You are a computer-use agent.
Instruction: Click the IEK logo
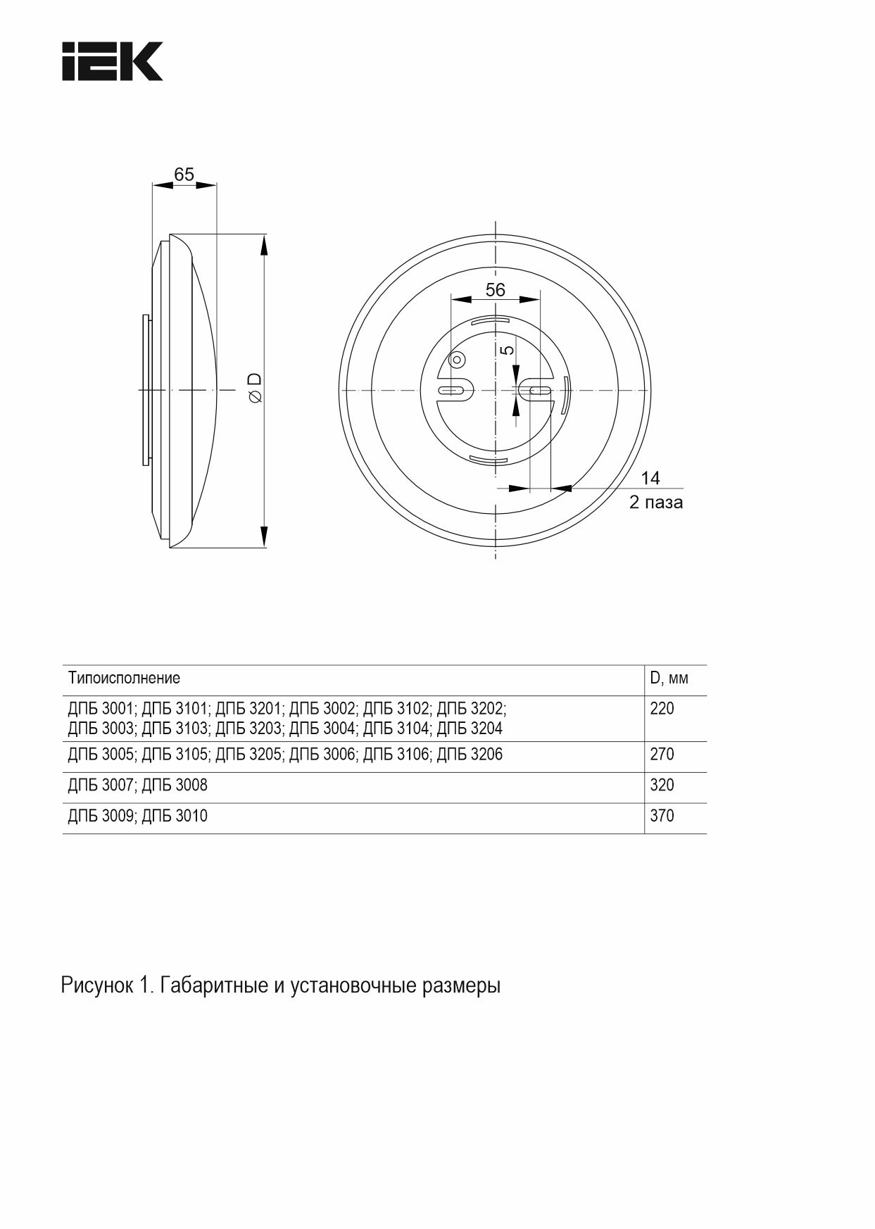tap(113, 61)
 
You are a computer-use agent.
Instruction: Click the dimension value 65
tap(184, 175)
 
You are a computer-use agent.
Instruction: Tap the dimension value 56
tap(495, 289)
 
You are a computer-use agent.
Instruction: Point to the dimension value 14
tap(650, 478)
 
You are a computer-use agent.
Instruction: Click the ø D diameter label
tap(255, 388)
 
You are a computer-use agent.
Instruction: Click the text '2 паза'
tap(655, 503)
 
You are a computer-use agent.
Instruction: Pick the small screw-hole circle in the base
tap(457, 360)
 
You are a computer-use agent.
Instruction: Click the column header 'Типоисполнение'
tap(124, 678)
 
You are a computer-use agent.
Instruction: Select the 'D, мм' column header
tap(669, 678)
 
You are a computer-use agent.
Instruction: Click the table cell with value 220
tap(662, 709)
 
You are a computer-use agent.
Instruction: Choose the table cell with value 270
tap(662, 755)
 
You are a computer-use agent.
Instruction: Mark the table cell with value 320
tap(662, 785)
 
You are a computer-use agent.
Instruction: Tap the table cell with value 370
tap(662, 816)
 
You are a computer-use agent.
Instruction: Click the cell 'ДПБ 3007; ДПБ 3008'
tap(138, 785)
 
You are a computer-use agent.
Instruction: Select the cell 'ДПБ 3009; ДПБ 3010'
tap(138, 816)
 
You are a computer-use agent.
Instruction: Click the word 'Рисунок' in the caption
tap(97, 985)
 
